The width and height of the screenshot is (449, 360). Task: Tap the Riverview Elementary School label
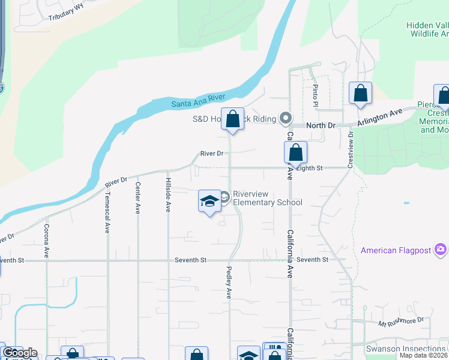tap(267, 198)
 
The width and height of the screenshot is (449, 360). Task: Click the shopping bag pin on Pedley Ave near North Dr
tap(232, 119)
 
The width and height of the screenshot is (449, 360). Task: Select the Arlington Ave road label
tap(379, 116)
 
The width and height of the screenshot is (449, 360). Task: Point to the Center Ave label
tap(137, 199)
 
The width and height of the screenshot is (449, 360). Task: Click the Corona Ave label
tap(46, 241)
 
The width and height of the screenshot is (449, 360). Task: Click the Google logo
tap(19, 353)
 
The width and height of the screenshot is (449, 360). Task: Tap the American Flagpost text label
tap(397, 249)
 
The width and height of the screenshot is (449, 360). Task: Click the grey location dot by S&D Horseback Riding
tap(286, 118)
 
